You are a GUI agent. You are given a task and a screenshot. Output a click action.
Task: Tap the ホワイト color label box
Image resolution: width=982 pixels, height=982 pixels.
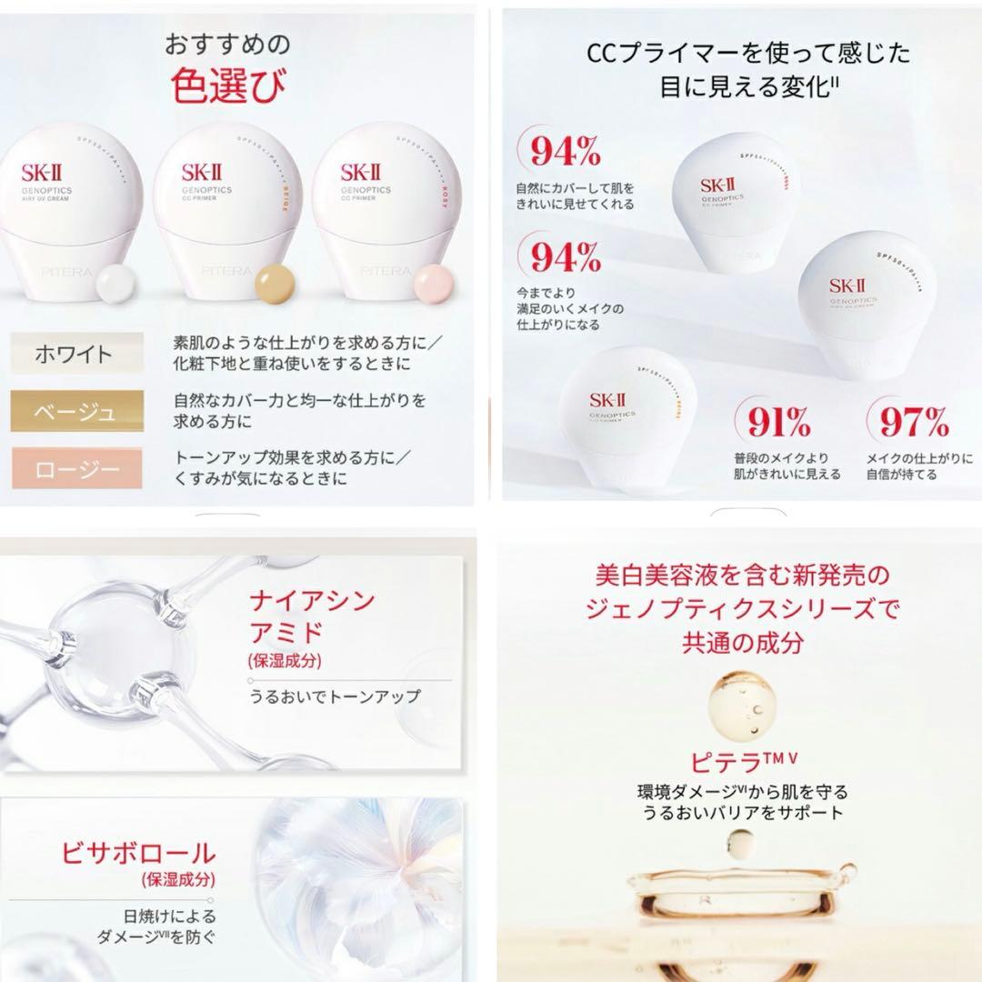coord(76,355)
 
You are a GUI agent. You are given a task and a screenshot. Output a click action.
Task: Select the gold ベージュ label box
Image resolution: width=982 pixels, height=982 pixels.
coord(76,412)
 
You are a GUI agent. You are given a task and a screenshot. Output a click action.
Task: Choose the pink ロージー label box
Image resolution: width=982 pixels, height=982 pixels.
coord(76,469)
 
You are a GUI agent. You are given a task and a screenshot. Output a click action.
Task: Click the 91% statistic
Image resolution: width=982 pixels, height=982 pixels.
coord(778,423)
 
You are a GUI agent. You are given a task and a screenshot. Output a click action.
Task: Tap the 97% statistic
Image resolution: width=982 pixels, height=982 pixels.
coord(913,423)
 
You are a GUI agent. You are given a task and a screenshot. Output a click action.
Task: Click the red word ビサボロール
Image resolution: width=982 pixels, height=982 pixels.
coord(139,853)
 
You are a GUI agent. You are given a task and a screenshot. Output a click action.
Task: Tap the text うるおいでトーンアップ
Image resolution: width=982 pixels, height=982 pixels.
coord(335,696)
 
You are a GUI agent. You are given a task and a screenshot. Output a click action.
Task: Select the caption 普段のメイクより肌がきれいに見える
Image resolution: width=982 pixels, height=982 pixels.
coord(787,466)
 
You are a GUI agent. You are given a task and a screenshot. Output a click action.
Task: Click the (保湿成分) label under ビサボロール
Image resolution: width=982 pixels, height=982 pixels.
coord(178,879)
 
